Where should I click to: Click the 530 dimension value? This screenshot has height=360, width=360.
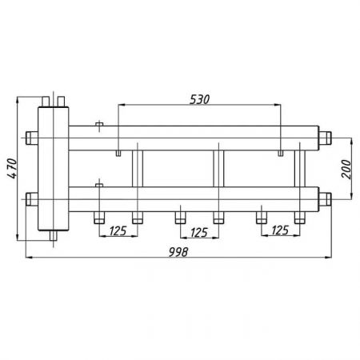pos(199,99)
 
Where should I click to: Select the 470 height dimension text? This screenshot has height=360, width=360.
pos(12,169)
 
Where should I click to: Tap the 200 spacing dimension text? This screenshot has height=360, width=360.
pos(346,169)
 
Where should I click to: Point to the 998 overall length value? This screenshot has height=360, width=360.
pos(178,252)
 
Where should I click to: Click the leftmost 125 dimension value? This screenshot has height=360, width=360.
pos(118,231)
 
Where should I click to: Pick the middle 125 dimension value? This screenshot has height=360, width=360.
pos(199,233)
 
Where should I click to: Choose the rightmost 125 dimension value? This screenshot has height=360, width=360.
pos(280,230)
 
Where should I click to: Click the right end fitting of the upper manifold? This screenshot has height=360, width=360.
pos(325,138)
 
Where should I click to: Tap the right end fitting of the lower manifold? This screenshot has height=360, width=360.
pos(325,199)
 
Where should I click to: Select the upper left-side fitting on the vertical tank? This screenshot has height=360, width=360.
pos(32,138)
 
